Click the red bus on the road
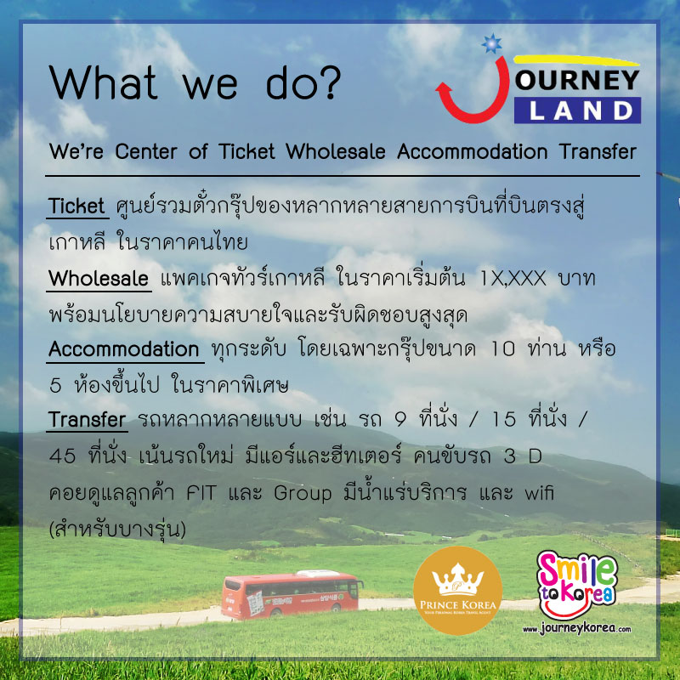pos(292,593)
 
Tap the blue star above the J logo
pos(492,43)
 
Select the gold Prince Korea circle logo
pos(457,590)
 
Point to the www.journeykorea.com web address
pos(577,628)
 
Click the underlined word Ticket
pos(76,206)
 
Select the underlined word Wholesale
pos(99,278)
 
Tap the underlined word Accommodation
pos(124,349)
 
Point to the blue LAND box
pos(577,110)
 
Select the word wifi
pos(539,492)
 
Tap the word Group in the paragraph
pos(303,494)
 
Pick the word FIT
pos(201,493)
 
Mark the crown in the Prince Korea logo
pos(457,580)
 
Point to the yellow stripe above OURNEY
pos(576,60)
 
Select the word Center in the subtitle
pos(146,152)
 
